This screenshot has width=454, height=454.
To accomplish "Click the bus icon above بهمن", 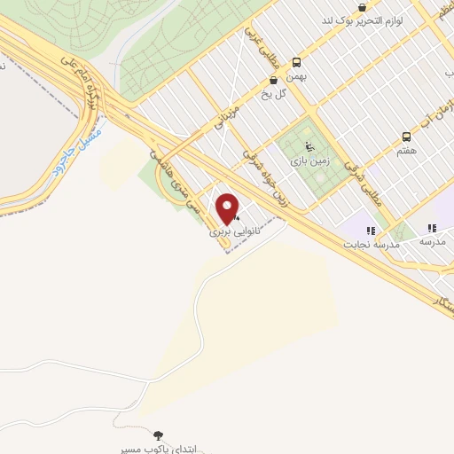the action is point(296,62).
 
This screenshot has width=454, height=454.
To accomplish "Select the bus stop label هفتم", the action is point(407,151).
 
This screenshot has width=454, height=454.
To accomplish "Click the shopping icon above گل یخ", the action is point(273,81).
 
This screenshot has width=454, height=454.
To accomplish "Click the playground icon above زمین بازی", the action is point(308,147).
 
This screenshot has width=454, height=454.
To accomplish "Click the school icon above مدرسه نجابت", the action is point(371,230).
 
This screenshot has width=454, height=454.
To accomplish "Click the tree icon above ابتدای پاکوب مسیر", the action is point(159,435).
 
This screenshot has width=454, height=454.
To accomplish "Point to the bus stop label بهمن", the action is point(296,78).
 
